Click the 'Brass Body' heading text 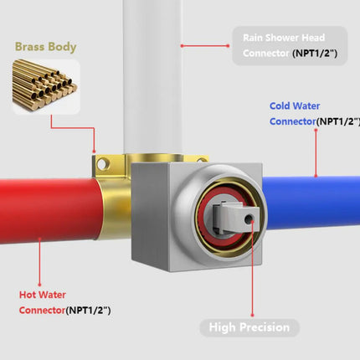pos(45,47)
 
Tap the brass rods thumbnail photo pos(46,87)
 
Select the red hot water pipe pos(50,211)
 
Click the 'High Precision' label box pos(249,327)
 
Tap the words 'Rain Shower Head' pos(284,38)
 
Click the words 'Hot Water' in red pos(43,295)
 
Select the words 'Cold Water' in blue pos(295,106)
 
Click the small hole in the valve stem pos(248,219)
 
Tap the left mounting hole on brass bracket pos(102,164)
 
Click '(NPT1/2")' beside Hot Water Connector pos(88,311)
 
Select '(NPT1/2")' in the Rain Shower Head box pos(315,53)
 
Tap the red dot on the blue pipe pos(316,176)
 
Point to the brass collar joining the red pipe pos(115,209)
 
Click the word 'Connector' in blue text pos(292,121)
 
